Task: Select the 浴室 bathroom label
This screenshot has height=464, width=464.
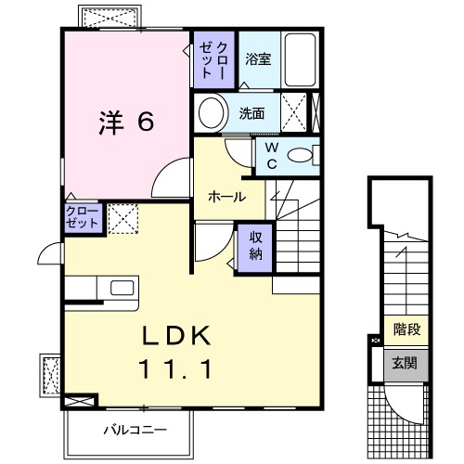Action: point(258,59)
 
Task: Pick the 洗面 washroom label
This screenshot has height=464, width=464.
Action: point(251,114)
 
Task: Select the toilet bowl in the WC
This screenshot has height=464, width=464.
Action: point(301,156)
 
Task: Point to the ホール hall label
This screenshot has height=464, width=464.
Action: point(226,197)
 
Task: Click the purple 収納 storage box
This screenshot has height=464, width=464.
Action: point(254,247)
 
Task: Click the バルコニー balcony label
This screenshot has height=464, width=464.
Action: point(135,430)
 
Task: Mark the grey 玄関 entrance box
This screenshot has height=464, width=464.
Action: point(406,363)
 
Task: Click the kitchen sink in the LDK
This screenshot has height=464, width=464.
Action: point(123,288)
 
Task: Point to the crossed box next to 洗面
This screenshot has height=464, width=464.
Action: point(296,114)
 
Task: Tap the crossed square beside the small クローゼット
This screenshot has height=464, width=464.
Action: point(122,218)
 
